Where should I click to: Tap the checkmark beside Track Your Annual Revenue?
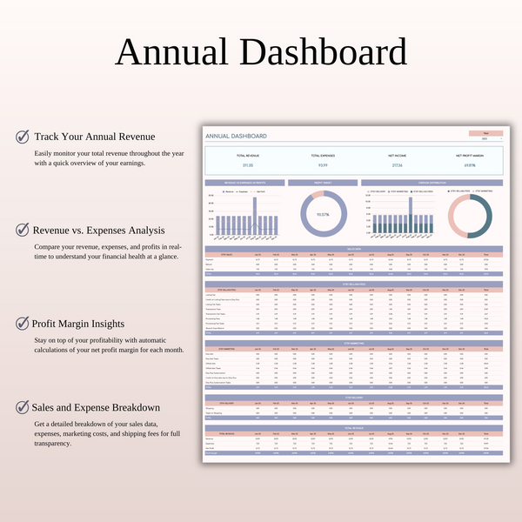22,137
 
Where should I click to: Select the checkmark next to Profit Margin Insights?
22,323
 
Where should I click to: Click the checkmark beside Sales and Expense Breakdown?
22,406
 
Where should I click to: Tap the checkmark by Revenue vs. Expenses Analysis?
22,230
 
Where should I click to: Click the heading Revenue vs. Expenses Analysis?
98,230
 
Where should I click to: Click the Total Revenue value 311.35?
247,164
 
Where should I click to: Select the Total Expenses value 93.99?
323,164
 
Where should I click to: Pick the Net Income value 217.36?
396,164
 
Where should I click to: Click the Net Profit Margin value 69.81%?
470,164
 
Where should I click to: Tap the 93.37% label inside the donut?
323,214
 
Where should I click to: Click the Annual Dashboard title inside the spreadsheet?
236,137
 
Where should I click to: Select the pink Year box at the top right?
485,132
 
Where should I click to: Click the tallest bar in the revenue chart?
255,215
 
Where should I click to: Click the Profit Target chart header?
323,183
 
